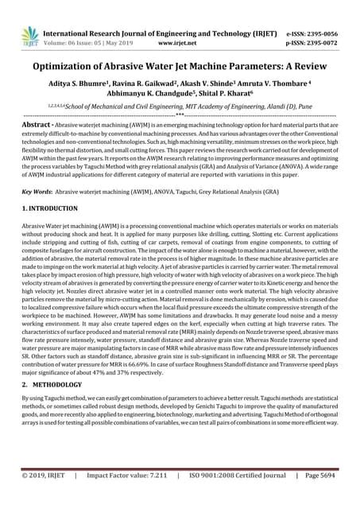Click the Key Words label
[x=35, y=192]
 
